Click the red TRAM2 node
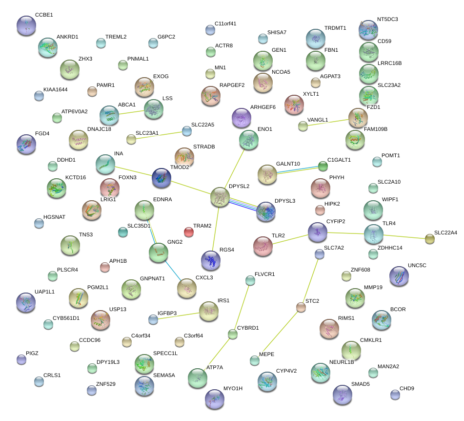pos(189,232)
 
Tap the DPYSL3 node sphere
pos(266,211)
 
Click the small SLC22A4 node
pos(429,239)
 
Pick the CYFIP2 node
pos(317,232)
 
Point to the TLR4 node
pos(374,234)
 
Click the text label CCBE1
pos(44,15)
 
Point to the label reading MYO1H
pos(233,388)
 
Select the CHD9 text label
pos(407,389)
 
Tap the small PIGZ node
pos(21,360)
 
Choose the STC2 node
pos(301,307)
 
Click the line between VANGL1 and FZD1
pos(329,122)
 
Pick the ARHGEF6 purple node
pos(241,118)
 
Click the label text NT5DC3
pos(387,20)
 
